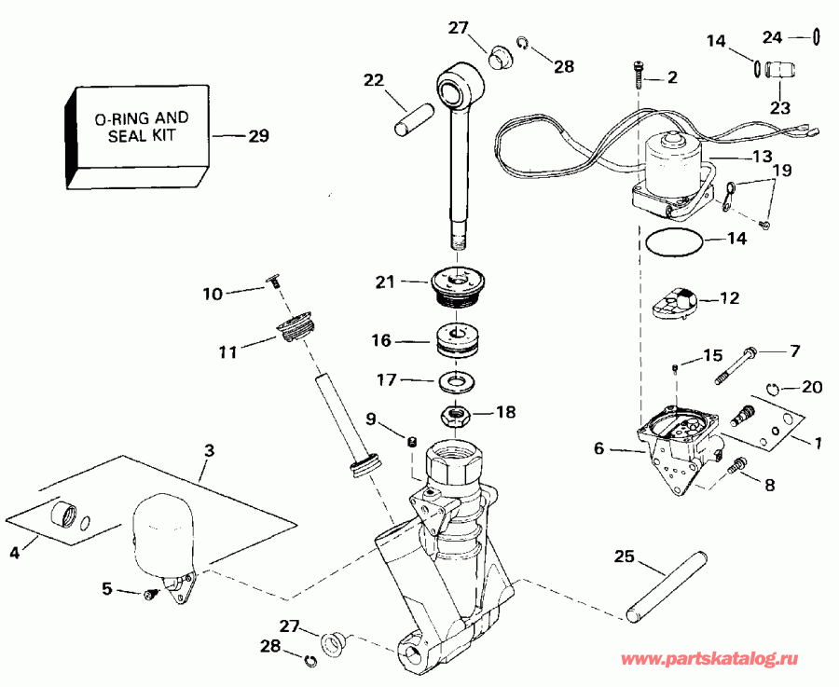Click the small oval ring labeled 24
tap(816, 37)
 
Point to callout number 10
tap(213, 294)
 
